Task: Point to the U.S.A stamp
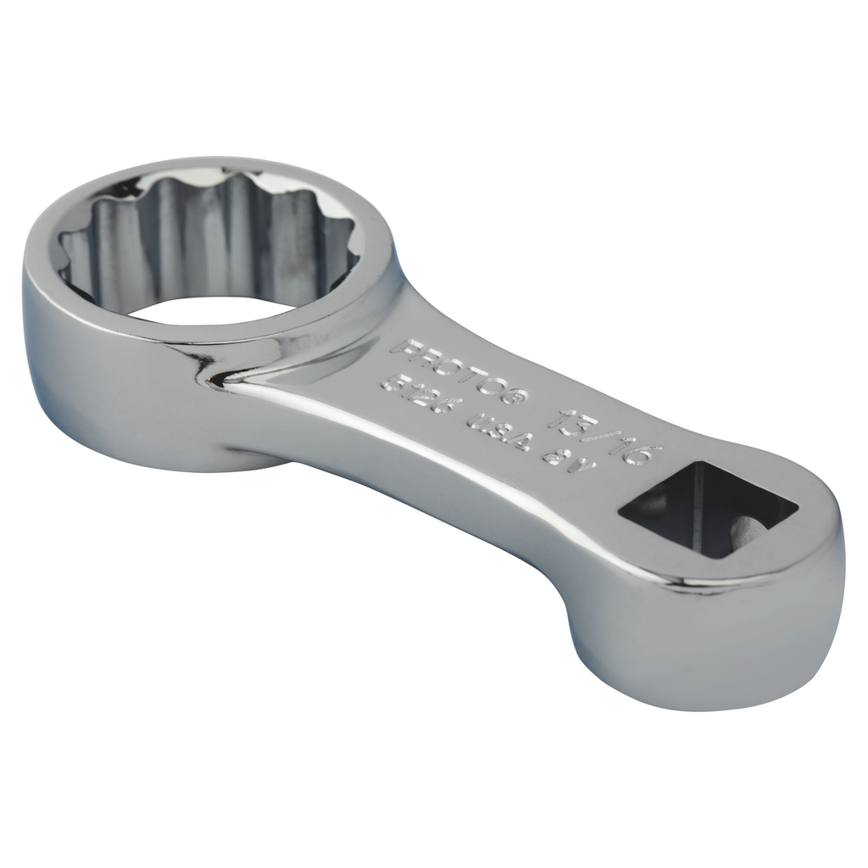point(500,431)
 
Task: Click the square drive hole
point(709,508)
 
